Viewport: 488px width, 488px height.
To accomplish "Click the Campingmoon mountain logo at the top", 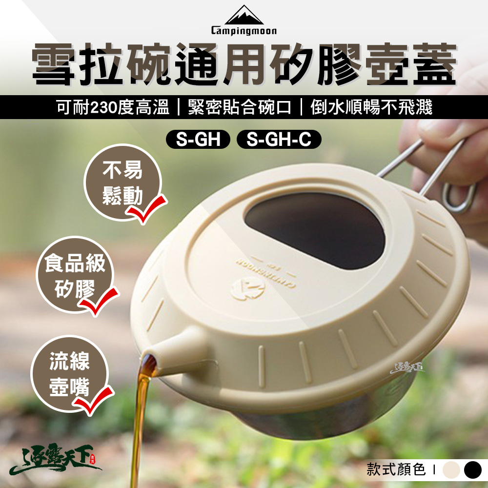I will [x=244, y=16].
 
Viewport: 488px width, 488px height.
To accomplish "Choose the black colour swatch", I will [x=472, y=470].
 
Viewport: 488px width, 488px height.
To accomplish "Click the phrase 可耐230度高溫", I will [x=113, y=107].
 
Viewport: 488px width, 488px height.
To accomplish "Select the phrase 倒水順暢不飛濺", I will [x=371, y=107].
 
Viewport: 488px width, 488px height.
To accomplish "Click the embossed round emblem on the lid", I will [x=252, y=289].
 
